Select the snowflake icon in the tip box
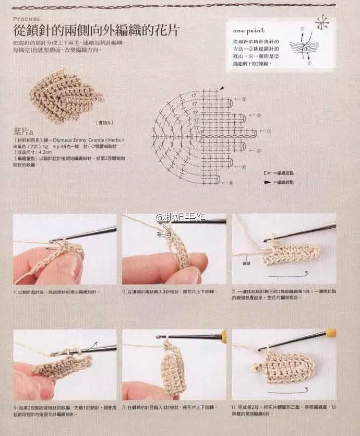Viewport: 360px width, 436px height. (322, 23)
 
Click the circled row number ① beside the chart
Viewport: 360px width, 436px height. (269, 132)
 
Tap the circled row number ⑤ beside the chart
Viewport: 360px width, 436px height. (244, 99)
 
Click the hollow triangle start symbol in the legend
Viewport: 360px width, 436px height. (267, 172)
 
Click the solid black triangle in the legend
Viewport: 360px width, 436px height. (267, 182)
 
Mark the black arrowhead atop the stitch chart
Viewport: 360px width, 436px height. (222, 88)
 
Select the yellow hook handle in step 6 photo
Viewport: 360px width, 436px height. (331, 332)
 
